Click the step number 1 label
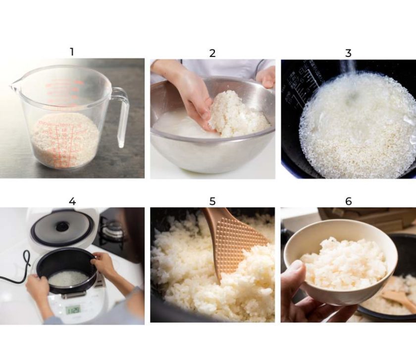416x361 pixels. (x=72, y=52)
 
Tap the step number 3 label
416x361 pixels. (x=348, y=53)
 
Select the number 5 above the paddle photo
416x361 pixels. (x=212, y=201)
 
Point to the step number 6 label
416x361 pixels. (x=348, y=201)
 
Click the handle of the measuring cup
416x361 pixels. (x=122, y=117)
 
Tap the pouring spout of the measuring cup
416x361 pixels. (x=13, y=88)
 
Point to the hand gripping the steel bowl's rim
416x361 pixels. (x=267, y=77)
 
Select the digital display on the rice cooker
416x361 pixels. (x=73, y=310)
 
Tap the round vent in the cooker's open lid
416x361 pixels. (x=62, y=227)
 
